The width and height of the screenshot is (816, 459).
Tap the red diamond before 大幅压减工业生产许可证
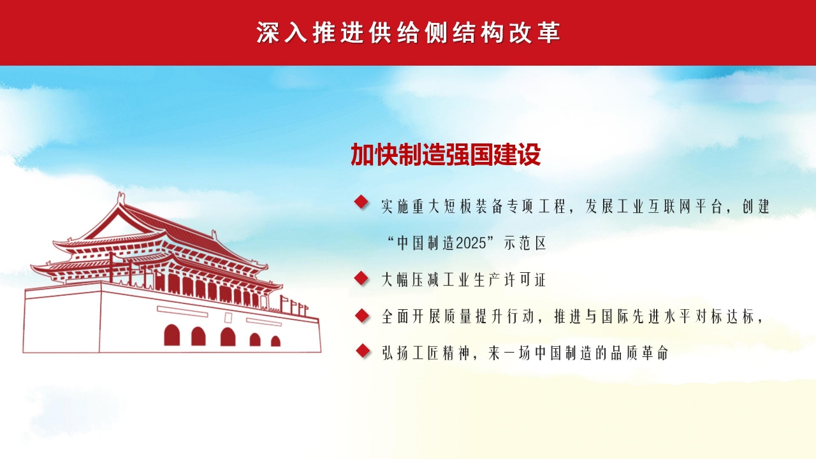(x=361, y=279)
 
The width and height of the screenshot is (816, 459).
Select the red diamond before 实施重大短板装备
(x=361, y=202)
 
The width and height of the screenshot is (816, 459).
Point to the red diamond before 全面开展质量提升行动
(x=362, y=316)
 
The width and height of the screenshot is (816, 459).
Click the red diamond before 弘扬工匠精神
(x=363, y=351)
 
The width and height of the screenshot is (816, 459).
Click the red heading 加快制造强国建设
(x=446, y=154)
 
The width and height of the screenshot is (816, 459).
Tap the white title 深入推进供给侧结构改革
(x=409, y=33)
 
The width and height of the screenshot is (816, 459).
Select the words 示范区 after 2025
(x=525, y=243)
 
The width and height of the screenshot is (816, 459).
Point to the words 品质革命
(x=640, y=353)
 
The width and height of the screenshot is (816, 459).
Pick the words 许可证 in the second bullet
(x=525, y=280)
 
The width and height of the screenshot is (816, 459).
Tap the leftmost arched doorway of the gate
(x=171, y=335)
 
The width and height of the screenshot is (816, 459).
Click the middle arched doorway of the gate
(x=228, y=337)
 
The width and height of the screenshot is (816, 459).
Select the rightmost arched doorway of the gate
(x=276, y=341)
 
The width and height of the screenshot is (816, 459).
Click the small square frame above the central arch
(x=228, y=317)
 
